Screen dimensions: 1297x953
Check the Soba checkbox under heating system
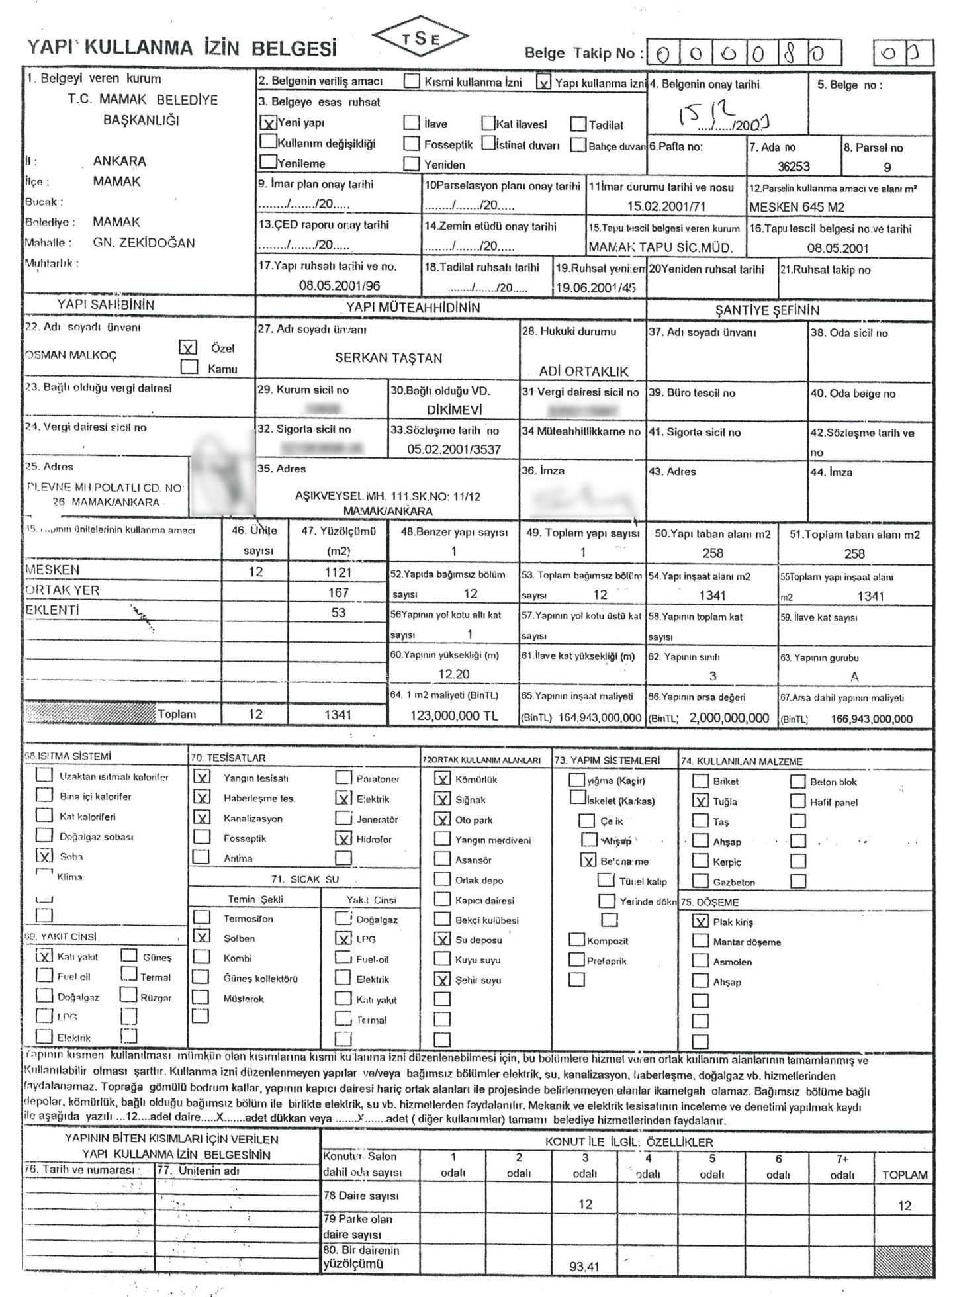click(44, 856)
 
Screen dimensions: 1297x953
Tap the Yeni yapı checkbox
click(267, 122)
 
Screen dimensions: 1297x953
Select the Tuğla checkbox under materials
click(700, 801)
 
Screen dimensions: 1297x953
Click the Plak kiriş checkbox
click(700, 921)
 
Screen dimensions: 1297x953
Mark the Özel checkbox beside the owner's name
click(189, 347)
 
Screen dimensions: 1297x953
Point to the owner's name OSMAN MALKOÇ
click(71, 355)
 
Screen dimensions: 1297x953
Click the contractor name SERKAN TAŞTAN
click(388, 358)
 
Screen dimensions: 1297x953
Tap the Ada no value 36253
click(794, 167)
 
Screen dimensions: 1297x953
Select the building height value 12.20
click(454, 674)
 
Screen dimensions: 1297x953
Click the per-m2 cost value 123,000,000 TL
click(453, 716)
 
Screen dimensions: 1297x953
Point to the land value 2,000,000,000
click(729, 718)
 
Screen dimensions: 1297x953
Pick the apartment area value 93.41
click(584, 1267)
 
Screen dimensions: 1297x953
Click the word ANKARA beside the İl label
click(120, 161)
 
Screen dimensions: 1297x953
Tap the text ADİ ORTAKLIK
click(583, 371)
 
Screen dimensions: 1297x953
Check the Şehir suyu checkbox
click(442, 979)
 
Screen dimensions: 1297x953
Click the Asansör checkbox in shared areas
click(442, 860)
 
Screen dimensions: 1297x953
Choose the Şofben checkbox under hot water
click(202, 936)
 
